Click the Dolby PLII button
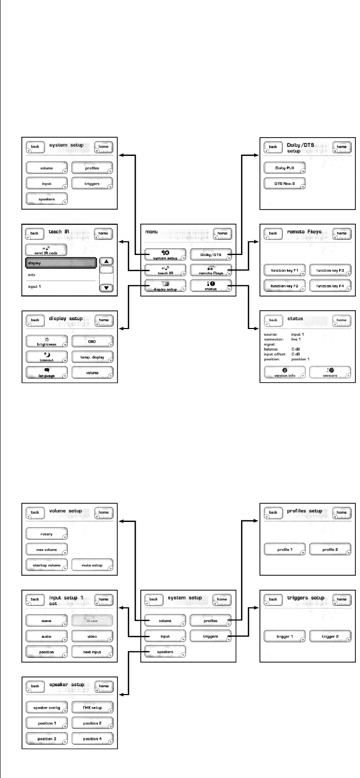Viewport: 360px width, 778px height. [284, 168]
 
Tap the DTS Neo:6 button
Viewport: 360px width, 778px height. [284, 184]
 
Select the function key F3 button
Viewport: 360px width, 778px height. [330, 270]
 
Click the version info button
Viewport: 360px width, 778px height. [285, 372]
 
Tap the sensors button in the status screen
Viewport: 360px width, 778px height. [330, 372]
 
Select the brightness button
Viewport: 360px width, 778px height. [47, 342]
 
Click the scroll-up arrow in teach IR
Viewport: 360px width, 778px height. [106, 262]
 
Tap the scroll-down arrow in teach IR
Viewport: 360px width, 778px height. [106, 287]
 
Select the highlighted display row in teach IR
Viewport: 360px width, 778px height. [60, 263]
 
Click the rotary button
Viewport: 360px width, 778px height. [47, 534]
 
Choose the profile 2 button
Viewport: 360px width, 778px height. [330, 550]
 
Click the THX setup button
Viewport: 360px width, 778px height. [92, 708]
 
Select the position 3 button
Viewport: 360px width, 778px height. [47, 739]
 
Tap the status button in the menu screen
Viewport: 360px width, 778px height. [210, 286]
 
